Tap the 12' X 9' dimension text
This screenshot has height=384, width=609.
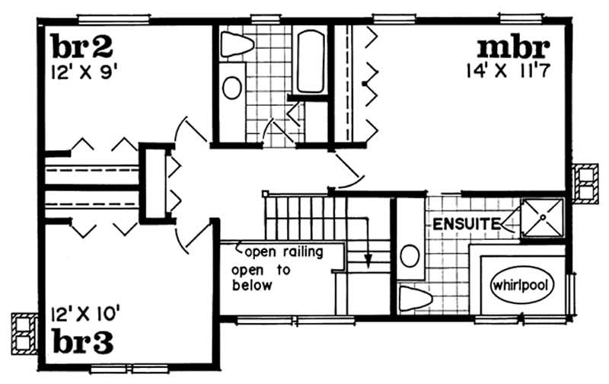84,73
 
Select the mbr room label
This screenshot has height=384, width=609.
513,47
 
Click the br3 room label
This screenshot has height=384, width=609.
84,341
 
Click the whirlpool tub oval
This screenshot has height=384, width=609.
521,284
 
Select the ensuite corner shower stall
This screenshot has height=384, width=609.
542,220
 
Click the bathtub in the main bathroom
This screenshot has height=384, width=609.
310,61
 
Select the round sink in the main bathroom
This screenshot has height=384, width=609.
231,87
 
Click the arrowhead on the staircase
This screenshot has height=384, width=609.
368,262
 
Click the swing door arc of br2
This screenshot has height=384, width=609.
183,130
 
